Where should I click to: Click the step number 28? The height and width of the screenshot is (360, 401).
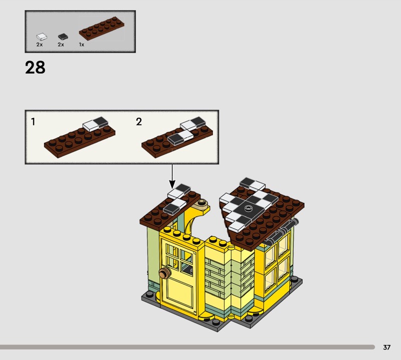(x=35, y=68)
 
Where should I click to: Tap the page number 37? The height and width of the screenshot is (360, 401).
(x=386, y=347)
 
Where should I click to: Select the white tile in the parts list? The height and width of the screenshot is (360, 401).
(x=42, y=37)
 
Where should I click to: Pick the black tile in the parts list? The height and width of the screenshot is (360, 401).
(x=63, y=37)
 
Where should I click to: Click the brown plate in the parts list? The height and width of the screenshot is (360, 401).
(x=102, y=29)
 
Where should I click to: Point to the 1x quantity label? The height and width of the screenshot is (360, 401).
(x=82, y=45)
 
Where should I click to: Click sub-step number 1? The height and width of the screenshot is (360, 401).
(x=33, y=121)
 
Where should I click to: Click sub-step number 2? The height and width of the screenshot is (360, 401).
(x=139, y=121)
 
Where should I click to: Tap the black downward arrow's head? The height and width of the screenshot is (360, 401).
(x=172, y=184)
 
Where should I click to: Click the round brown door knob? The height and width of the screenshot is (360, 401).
(x=164, y=273)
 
